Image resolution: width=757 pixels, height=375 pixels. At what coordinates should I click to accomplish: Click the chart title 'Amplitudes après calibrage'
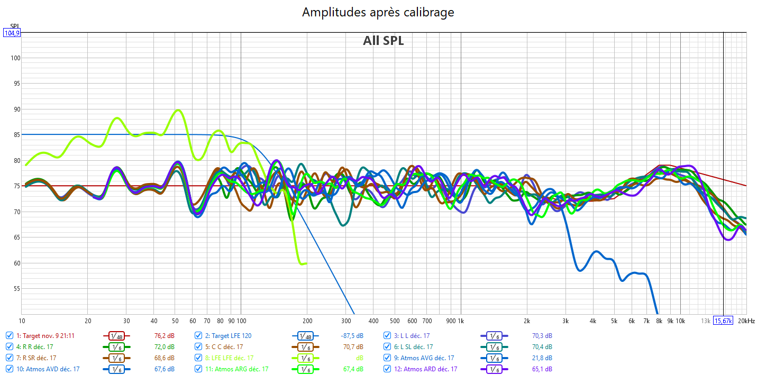(378, 12)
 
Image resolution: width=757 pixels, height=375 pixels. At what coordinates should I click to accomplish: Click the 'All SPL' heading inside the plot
(383, 41)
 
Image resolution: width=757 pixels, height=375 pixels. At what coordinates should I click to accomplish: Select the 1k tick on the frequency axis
(460, 321)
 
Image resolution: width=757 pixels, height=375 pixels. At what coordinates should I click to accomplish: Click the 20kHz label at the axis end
(746, 321)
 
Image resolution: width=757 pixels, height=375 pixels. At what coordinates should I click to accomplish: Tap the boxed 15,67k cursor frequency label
(723, 321)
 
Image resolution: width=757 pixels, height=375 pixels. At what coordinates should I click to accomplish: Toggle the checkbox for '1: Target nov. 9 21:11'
(10, 335)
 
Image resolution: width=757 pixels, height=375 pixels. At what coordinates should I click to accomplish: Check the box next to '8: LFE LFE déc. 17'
(198, 358)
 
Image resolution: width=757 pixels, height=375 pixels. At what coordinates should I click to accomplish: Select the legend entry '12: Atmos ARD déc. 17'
(425, 369)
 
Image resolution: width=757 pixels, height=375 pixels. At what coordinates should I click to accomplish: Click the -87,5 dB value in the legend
(352, 335)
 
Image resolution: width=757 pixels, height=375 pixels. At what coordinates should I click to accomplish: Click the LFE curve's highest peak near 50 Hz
(178, 110)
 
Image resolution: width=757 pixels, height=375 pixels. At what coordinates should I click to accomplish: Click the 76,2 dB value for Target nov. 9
(165, 335)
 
